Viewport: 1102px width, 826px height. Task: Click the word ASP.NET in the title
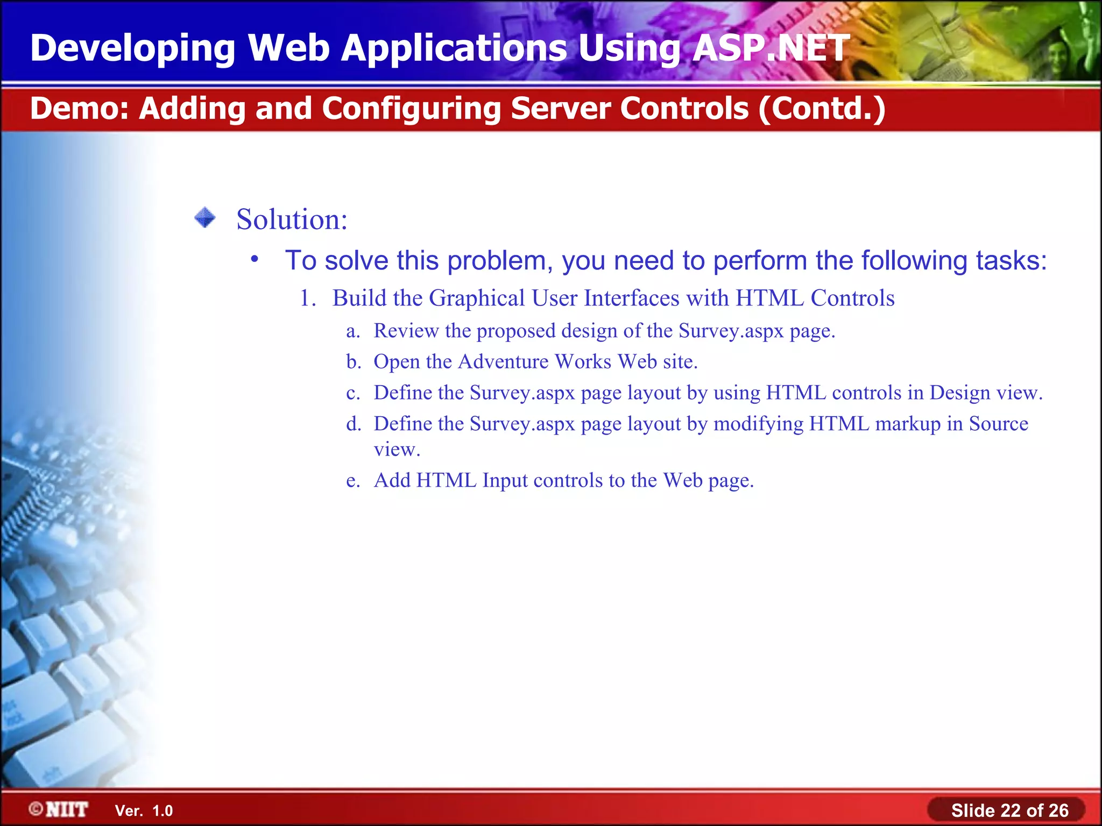tap(771, 48)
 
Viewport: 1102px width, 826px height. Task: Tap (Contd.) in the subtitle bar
tap(822, 109)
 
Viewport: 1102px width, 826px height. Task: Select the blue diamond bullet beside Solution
tap(205, 218)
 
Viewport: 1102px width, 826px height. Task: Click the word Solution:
tap(292, 219)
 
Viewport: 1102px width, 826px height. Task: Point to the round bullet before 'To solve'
tap(255, 259)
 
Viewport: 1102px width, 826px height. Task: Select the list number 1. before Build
tap(308, 298)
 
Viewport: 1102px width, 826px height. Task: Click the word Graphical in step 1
tap(477, 298)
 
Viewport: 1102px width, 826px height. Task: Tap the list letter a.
tap(353, 331)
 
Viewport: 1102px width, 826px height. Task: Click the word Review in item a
tap(406, 331)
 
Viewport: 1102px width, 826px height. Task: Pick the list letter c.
tap(353, 393)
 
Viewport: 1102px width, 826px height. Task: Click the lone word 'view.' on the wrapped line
tap(397, 450)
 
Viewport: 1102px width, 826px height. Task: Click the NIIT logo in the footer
tap(59, 810)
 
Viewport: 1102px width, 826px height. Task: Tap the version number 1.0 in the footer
tap(163, 811)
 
